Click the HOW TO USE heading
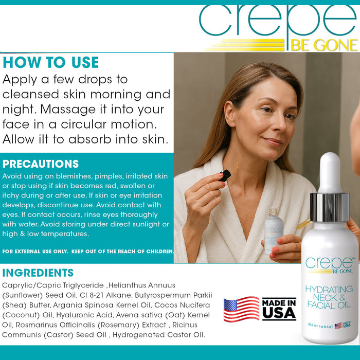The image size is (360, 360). (x=50, y=63)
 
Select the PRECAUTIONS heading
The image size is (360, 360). (x=41, y=164)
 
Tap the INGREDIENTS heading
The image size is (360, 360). (x=38, y=273)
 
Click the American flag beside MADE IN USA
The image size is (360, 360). (x=241, y=309)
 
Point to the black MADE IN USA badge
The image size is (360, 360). (x=279, y=309)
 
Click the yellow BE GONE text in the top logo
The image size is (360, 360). (x=323, y=45)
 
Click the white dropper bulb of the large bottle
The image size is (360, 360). (x=330, y=172)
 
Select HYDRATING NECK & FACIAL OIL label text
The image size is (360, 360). (x=329, y=297)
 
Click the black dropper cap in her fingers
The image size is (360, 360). (x=225, y=175)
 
